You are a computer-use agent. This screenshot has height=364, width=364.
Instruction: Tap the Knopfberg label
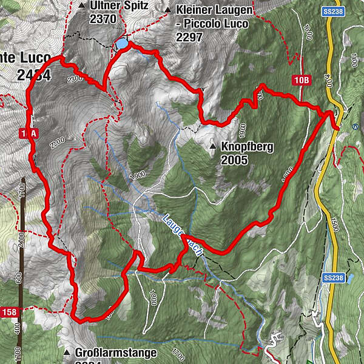point(248,147)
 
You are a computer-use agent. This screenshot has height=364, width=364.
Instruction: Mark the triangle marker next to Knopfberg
point(213,147)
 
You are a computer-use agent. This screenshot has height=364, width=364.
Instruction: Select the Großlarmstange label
point(116,352)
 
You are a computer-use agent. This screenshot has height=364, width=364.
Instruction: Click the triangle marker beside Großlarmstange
point(67,352)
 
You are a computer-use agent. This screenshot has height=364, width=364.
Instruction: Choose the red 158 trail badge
point(9,312)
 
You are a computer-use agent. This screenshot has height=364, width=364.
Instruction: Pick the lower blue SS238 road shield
point(334,277)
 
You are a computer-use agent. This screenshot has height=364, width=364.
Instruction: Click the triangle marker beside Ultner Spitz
point(82,6)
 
